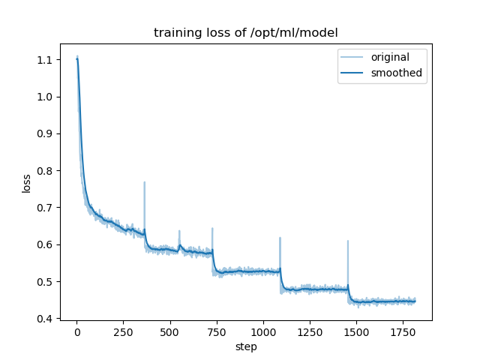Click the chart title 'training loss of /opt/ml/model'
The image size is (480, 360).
(245, 33)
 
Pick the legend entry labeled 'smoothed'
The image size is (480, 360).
(394, 73)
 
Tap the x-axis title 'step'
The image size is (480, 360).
(245, 346)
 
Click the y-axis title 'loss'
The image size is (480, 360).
(26, 183)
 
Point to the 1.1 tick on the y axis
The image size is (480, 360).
(45, 60)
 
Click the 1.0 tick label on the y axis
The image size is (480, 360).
(45, 97)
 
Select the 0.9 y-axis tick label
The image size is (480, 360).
(45, 133)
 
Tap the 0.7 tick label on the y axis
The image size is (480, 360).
(45, 208)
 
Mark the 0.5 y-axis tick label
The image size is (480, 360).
(45, 282)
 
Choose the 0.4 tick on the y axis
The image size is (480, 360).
(45, 319)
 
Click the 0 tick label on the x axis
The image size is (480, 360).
(76, 331)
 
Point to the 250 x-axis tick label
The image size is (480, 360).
(123, 331)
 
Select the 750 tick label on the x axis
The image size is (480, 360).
(217, 331)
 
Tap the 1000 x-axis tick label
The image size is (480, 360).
(263, 331)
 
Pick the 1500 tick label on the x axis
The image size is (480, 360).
(356, 331)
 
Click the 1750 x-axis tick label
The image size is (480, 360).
(403, 331)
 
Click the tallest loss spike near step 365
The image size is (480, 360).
(145, 182)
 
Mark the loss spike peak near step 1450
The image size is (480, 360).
(348, 241)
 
